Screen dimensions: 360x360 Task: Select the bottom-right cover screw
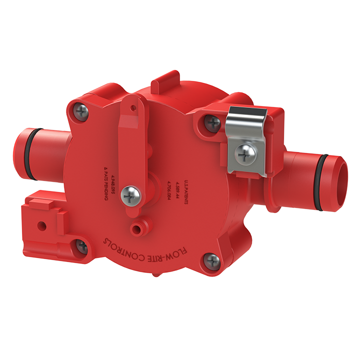(212, 260)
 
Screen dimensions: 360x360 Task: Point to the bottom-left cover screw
(81, 246)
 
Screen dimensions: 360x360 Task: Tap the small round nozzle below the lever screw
(135, 229)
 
